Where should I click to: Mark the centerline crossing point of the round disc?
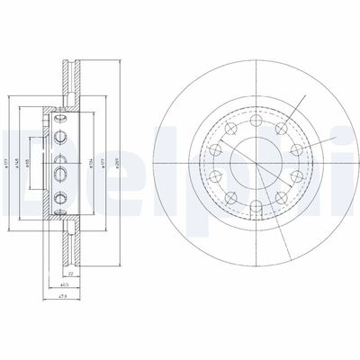click(255, 163)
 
